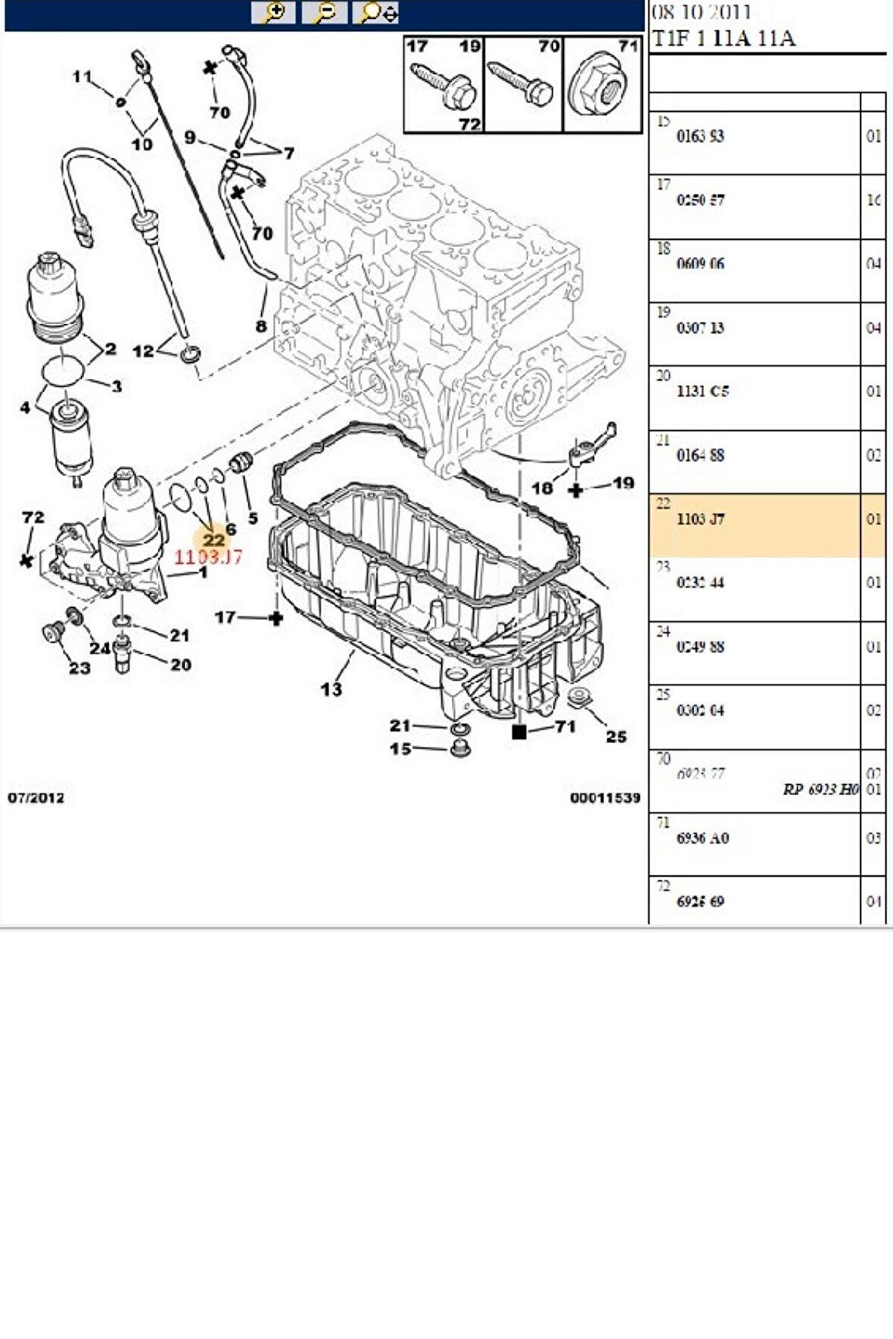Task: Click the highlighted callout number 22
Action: pyautogui.click(x=213, y=539)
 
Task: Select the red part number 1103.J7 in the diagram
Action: pyautogui.click(x=208, y=558)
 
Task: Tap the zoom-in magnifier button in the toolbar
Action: pyautogui.click(x=273, y=12)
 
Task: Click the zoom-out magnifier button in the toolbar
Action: pyautogui.click(x=324, y=12)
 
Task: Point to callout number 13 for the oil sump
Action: pyautogui.click(x=331, y=688)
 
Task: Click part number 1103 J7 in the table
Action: pyautogui.click(x=700, y=519)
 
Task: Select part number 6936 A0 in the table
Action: pyautogui.click(x=702, y=838)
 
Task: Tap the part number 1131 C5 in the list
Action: pyautogui.click(x=702, y=391)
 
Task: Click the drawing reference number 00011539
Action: pyautogui.click(x=605, y=797)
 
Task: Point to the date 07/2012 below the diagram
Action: pyautogui.click(x=36, y=797)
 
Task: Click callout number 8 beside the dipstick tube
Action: pyautogui.click(x=261, y=326)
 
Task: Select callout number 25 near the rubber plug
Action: pyautogui.click(x=616, y=736)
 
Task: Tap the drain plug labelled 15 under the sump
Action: pyautogui.click(x=459, y=750)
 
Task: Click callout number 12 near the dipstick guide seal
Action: pyautogui.click(x=142, y=351)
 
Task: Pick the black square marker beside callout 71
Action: pyautogui.click(x=519, y=732)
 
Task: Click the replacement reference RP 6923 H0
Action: pyautogui.click(x=820, y=789)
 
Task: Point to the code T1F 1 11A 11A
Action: pyautogui.click(x=723, y=39)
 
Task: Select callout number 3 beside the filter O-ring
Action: pyautogui.click(x=116, y=387)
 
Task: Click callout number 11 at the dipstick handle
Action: pyautogui.click(x=82, y=76)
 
